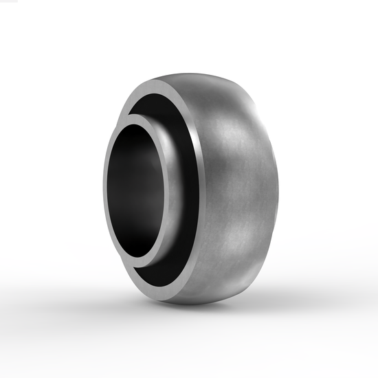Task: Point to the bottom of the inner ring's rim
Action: point(141,263)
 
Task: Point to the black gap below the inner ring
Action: point(162,275)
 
